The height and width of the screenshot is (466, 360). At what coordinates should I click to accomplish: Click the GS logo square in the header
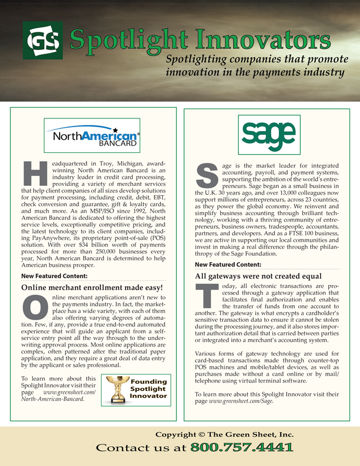(41, 41)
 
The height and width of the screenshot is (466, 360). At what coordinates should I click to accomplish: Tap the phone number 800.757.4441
(241, 448)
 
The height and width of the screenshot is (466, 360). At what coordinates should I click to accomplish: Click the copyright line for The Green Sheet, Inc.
(225, 435)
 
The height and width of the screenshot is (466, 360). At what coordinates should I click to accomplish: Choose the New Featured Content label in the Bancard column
(54, 275)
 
